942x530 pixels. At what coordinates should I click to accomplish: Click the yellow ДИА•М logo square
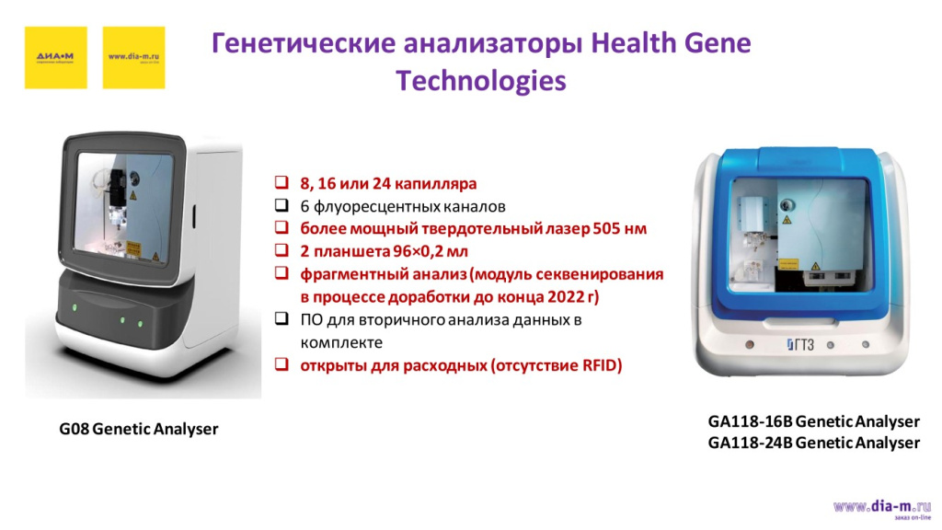pos(55,57)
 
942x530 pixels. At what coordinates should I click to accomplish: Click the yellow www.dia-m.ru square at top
pos(133,57)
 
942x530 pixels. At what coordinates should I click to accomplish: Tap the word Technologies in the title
pos(480,81)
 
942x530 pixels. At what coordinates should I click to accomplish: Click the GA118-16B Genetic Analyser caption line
pos(813,421)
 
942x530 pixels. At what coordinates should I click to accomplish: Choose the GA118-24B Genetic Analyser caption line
pos(813,443)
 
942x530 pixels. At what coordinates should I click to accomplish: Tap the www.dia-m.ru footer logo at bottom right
pos(881,507)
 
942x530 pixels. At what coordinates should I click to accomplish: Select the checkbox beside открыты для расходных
pos(281,365)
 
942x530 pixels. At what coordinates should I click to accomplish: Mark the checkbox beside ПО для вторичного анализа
pos(281,320)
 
